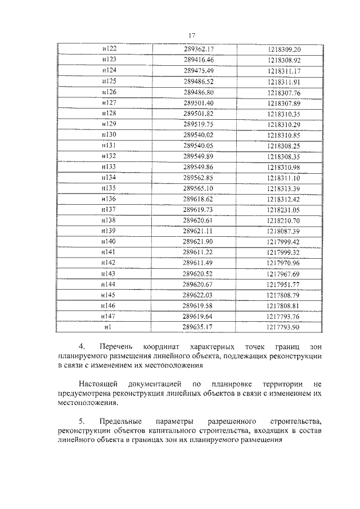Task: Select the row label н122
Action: coord(109,49)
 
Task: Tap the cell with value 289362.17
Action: coord(199,49)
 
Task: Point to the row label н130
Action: coord(109,134)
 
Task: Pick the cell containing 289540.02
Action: coord(199,134)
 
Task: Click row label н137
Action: coord(109,209)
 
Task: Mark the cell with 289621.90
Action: coord(199,241)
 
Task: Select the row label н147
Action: coord(109,316)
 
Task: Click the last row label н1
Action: coord(109,327)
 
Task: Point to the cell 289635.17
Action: coord(199,327)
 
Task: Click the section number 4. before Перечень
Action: coord(81,347)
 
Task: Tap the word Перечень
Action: coord(116,347)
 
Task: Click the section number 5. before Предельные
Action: coord(81,421)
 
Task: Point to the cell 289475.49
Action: coord(199,70)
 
